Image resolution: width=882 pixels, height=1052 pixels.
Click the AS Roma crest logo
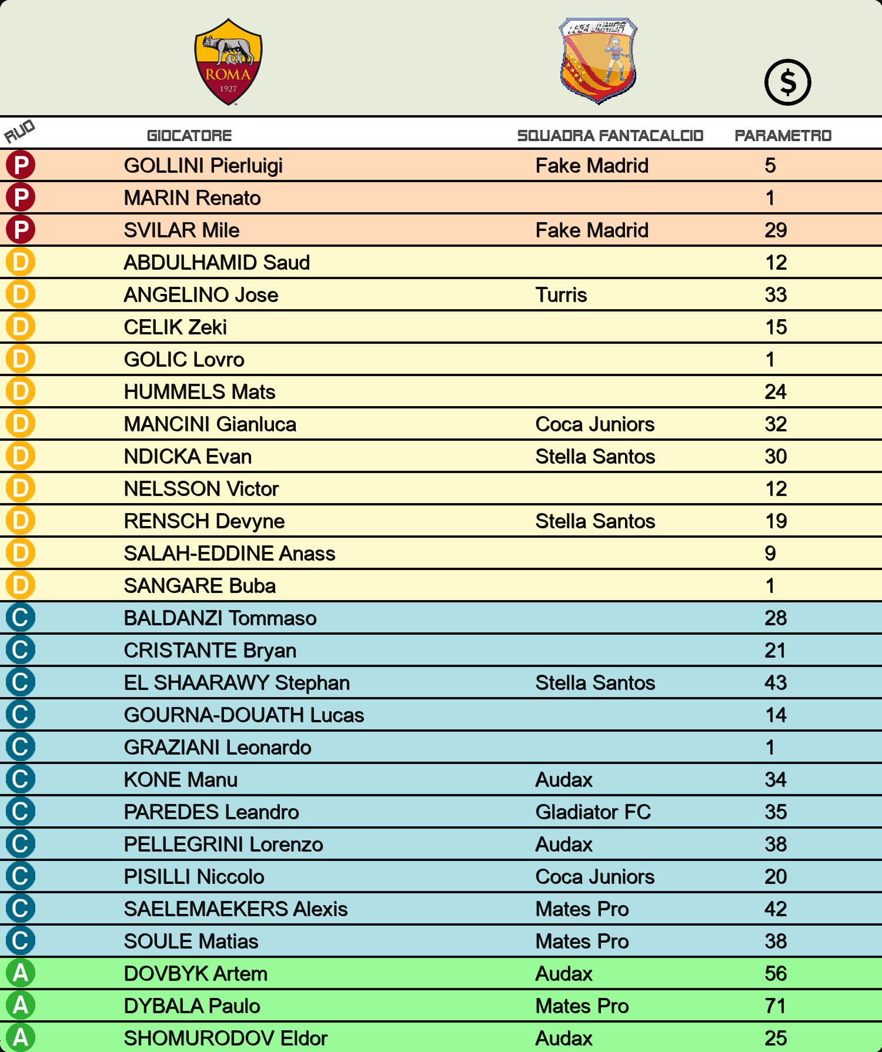[228, 62]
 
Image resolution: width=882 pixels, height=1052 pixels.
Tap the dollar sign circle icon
[787, 82]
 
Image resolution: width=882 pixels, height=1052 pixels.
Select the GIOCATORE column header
[189, 136]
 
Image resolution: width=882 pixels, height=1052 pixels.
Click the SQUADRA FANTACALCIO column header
[610, 136]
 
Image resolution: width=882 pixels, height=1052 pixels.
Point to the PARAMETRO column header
[783, 136]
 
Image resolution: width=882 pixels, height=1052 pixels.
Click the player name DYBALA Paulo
[192, 1006]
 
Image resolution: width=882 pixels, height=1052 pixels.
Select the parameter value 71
[776, 1006]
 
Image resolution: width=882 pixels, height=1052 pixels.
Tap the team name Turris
[561, 295]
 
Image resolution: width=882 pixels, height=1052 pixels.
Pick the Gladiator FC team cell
[593, 812]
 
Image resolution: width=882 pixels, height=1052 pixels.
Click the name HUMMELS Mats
[199, 392]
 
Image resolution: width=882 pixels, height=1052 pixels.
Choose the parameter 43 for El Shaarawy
[776, 683]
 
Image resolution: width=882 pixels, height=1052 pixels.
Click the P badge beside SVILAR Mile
[21, 230]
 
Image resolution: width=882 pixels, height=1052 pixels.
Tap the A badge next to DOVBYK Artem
[21, 973]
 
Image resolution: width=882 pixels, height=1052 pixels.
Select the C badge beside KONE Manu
[21, 779]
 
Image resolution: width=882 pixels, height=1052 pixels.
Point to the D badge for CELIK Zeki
[21, 327]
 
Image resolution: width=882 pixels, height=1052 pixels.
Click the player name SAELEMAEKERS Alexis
[235, 909]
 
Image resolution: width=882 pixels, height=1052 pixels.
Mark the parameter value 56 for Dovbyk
[776, 974]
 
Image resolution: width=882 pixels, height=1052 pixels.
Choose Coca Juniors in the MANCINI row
[594, 424]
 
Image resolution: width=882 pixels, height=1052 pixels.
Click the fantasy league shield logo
[599, 61]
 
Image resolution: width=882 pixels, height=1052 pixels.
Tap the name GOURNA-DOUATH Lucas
[243, 715]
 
